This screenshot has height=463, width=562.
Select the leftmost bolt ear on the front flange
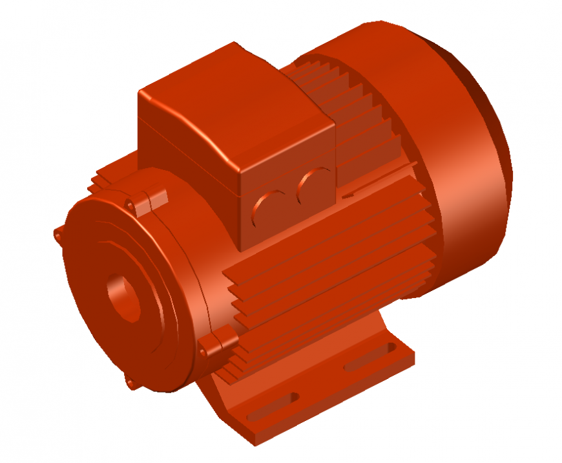(59, 235)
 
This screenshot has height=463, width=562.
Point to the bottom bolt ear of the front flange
(132, 383)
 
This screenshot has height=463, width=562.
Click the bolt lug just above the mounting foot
(217, 342)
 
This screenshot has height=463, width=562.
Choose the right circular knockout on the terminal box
(315, 186)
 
